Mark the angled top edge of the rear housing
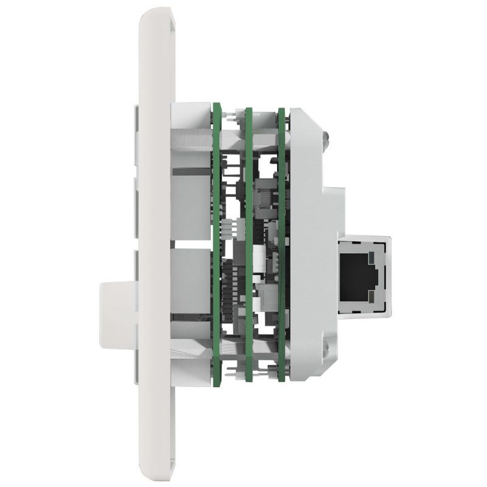(x=307, y=125)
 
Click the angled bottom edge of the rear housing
(x=307, y=365)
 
